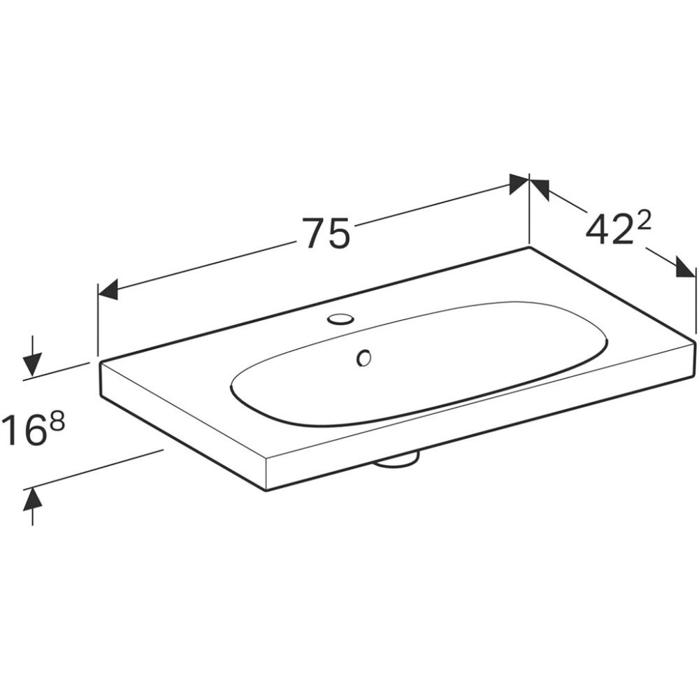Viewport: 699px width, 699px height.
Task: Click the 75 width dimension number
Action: [x=326, y=233]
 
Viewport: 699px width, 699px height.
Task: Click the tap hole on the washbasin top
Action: [x=340, y=319]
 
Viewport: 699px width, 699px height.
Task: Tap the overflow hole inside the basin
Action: [x=364, y=357]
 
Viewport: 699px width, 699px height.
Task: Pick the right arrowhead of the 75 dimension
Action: [x=519, y=183]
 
